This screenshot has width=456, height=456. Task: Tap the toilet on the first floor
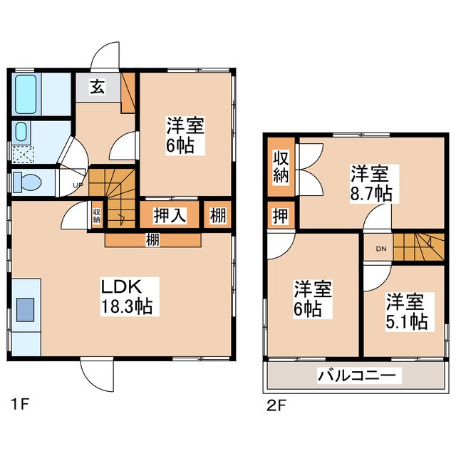click(x=27, y=182)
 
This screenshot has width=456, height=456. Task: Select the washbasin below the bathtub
click(x=21, y=131)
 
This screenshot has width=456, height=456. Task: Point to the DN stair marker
click(x=381, y=248)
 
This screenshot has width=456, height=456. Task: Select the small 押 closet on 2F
click(x=280, y=214)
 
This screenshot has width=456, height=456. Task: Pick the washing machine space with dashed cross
click(x=24, y=154)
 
